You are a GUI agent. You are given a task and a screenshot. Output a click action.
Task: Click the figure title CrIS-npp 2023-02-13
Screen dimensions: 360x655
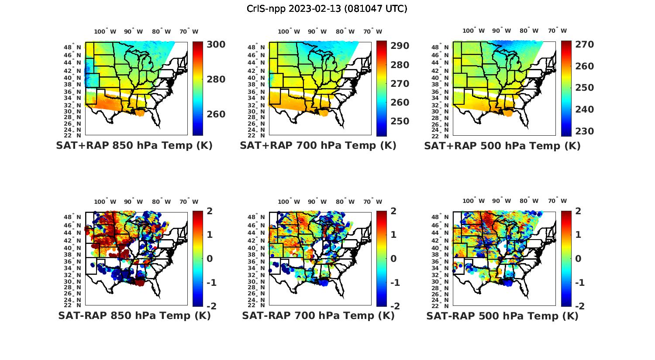coord(327,9)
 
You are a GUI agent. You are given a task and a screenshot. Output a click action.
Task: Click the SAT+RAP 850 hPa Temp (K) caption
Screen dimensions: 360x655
coord(134,145)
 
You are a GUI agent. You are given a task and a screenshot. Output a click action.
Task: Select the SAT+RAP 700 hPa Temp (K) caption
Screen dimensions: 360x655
coord(318,145)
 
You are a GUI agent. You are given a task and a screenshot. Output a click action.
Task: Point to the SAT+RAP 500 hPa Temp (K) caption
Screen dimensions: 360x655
coord(502,146)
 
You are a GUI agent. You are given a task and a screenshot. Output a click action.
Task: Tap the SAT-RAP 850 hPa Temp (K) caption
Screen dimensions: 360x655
coord(134,315)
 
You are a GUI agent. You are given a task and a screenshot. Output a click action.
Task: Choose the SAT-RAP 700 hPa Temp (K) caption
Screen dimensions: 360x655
coord(318,315)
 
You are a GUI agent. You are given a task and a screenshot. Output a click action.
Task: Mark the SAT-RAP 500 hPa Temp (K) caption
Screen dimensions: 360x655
coord(502,316)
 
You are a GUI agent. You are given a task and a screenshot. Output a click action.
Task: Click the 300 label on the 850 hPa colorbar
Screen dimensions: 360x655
coord(216,45)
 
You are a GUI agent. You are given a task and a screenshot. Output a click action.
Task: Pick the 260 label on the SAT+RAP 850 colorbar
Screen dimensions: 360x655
coord(216,114)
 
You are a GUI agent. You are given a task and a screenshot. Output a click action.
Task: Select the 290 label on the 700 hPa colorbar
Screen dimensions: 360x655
coord(400,46)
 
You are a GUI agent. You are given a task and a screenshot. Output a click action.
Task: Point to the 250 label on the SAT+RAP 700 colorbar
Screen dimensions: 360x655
coord(400,121)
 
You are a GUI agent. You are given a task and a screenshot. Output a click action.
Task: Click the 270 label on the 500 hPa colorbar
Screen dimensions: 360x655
coord(584,45)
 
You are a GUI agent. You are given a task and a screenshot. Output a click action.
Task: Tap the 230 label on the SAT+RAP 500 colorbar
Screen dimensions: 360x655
coord(584,131)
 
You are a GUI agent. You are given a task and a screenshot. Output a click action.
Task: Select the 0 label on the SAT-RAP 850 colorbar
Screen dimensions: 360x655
coord(209,259)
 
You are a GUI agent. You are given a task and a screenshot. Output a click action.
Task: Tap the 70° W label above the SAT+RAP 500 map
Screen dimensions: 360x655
coord(557,31)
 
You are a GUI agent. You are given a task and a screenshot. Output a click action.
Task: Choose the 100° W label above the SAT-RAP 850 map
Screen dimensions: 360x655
coord(105,202)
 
